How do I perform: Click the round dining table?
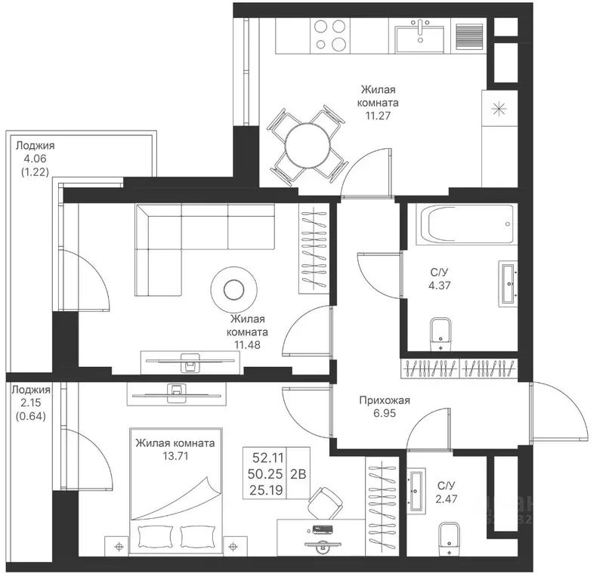click(308, 147)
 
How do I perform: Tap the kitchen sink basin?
click(419, 39)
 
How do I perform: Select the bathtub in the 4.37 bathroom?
click(466, 224)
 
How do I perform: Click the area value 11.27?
click(378, 116)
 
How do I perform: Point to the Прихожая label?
click(385, 400)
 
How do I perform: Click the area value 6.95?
click(385, 413)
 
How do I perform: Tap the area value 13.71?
click(175, 456)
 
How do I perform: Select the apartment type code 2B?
click(298, 474)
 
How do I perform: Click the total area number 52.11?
click(268, 457)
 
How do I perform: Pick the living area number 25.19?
click(266, 490)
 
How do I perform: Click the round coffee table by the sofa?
click(233, 289)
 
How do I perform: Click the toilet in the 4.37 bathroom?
click(440, 335)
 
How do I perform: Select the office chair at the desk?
click(325, 504)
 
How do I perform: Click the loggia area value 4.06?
click(35, 159)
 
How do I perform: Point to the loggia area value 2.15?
click(30, 403)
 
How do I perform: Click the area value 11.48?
click(247, 345)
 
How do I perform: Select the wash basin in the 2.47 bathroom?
click(416, 491)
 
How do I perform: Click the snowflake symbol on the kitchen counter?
click(499, 109)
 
